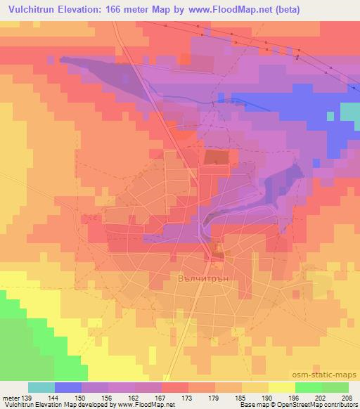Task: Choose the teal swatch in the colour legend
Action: click(41, 387)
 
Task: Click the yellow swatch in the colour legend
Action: click(282, 387)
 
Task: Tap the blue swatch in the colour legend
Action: click(68, 387)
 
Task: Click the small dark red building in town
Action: click(219, 248)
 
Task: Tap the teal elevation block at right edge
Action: click(349, 112)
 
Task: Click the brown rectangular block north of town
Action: click(217, 157)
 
